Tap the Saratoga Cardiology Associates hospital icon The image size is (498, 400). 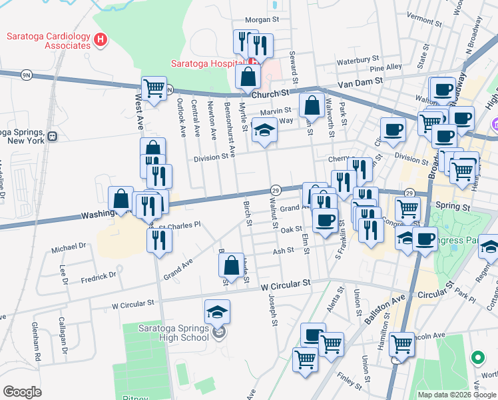[101, 41]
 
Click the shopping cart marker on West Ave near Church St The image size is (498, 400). [154, 89]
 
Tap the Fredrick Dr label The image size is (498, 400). [99, 275]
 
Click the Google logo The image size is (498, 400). [22, 391]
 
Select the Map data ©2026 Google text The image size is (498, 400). [456, 395]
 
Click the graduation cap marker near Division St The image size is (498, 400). [264, 130]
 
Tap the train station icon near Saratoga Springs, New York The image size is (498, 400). [51, 136]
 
